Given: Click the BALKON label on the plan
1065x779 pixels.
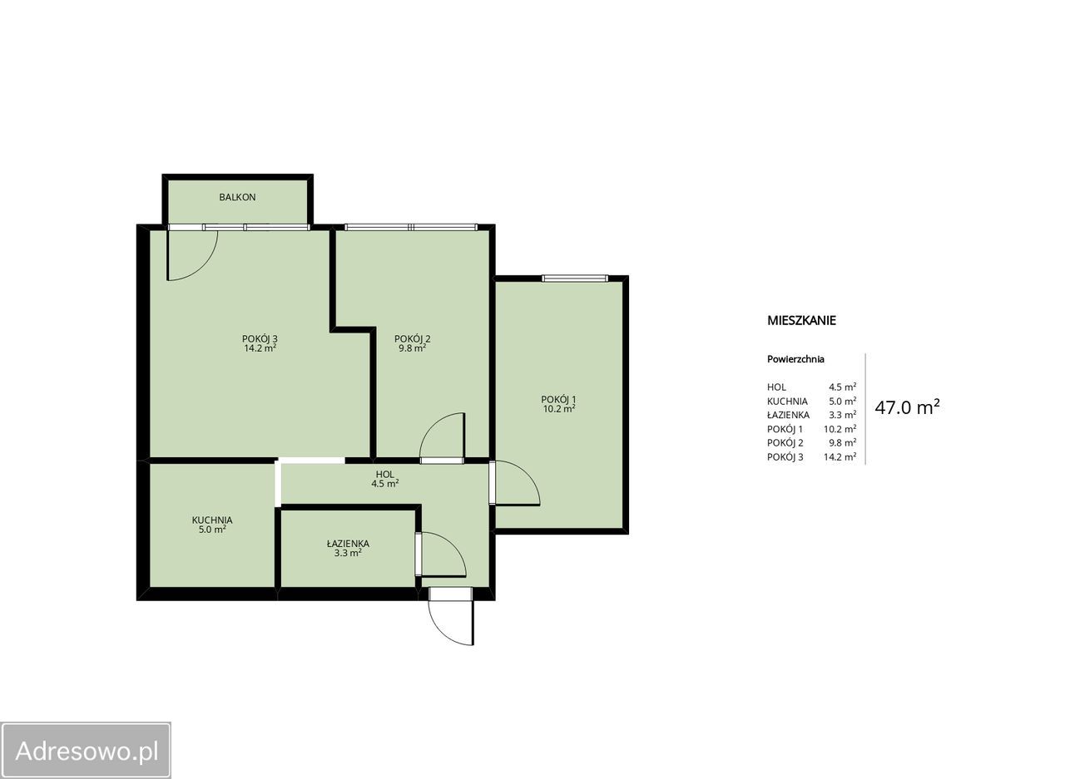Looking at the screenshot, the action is tap(237, 197).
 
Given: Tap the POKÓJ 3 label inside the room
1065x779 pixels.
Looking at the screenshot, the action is tap(260, 338).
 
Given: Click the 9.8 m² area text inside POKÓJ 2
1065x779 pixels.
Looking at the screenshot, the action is tap(412, 348).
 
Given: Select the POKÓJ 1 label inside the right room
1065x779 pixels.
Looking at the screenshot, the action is tap(558, 399).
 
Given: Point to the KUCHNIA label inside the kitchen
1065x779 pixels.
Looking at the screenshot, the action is tap(212, 520).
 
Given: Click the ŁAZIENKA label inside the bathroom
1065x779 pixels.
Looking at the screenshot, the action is tap(348, 544).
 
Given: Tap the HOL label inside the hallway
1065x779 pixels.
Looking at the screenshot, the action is tap(384, 474).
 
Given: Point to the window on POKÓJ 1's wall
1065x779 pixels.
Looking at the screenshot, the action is tap(575, 279).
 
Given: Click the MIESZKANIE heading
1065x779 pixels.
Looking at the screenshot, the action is tap(801, 320).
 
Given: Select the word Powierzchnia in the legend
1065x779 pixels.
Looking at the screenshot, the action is tap(795, 359).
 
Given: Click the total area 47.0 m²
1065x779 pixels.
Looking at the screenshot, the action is tap(907, 407).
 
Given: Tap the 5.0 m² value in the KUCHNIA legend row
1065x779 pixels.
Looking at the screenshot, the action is tap(843, 401).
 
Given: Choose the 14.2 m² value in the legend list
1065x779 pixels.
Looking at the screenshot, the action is tap(840, 457).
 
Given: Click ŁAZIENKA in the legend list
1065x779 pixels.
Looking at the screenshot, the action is tap(788, 415).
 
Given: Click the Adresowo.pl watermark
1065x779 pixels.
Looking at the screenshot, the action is tap(87, 752).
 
